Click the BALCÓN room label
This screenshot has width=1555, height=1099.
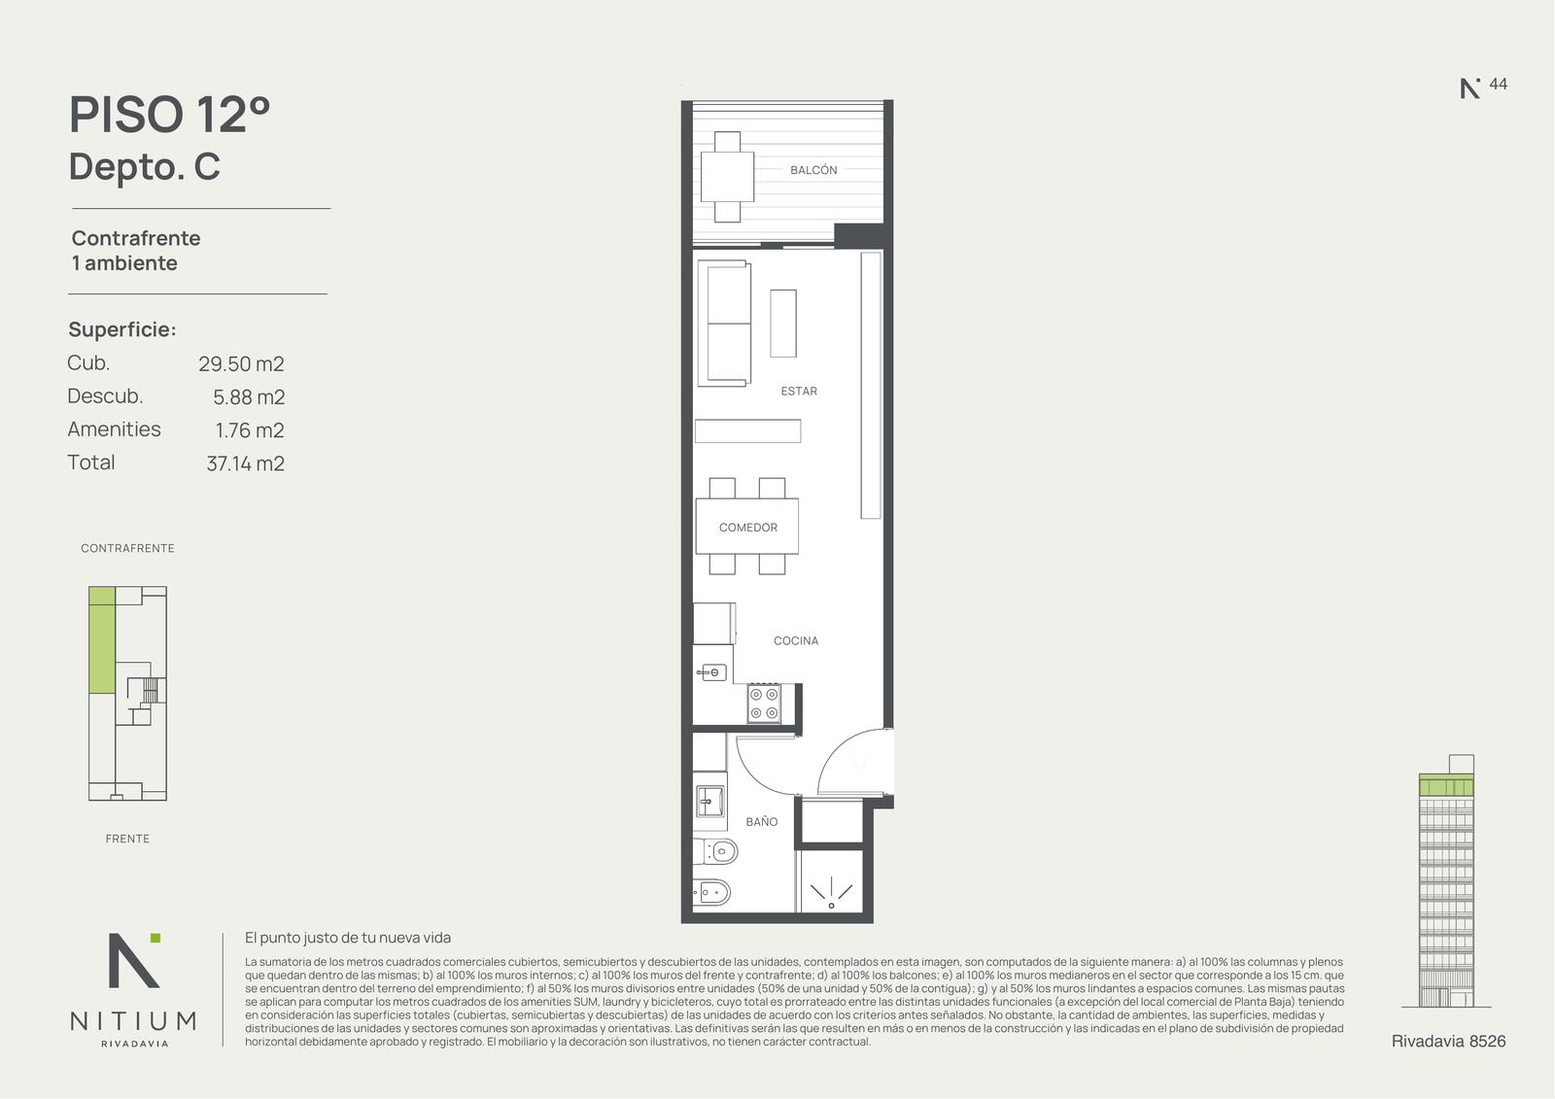click(813, 169)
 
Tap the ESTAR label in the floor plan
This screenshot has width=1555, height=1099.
click(799, 391)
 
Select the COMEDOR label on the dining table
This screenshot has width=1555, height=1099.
click(747, 527)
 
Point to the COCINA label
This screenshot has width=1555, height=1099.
click(796, 640)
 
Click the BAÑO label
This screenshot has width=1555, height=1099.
click(762, 821)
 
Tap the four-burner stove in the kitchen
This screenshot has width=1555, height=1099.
click(764, 704)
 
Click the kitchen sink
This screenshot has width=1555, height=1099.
click(711, 672)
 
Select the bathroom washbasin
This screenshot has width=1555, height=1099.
click(710, 801)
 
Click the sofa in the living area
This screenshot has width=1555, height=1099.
click(724, 323)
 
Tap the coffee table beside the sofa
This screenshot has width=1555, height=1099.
click(783, 324)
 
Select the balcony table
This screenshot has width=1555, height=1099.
click(727, 176)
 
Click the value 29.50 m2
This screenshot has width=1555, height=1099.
click(241, 363)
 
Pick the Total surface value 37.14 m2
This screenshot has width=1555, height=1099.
click(245, 464)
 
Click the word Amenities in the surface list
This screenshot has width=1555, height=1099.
click(114, 429)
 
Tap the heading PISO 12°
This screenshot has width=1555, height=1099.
click(169, 114)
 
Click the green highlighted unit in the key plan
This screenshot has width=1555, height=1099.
click(102, 639)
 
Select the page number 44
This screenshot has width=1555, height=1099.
click(1498, 84)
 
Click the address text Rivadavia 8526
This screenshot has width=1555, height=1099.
click(1448, 1041)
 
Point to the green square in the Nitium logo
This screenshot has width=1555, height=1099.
click(155, 938)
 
